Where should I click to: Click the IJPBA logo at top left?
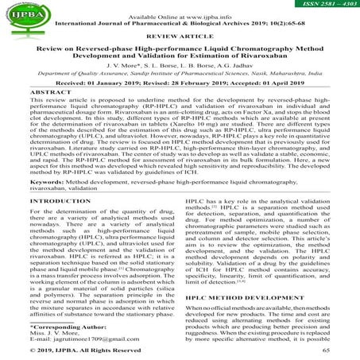coord(31,14)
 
